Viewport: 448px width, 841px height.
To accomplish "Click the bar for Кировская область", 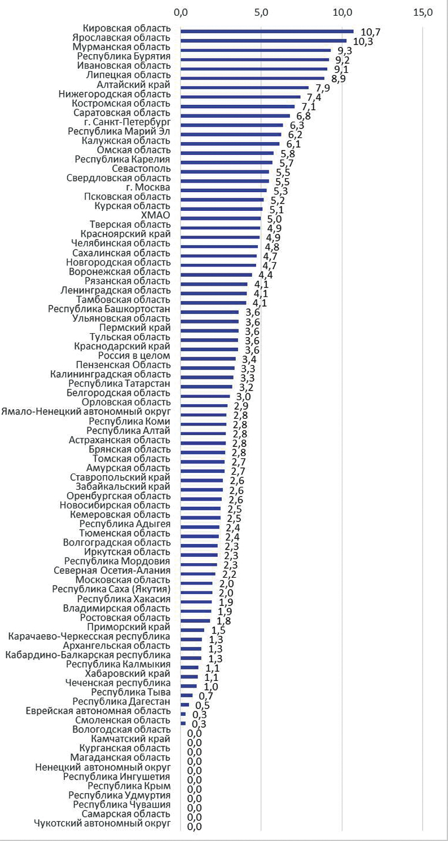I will coord(267,32).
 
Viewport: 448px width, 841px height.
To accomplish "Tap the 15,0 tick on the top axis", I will coord(423,12).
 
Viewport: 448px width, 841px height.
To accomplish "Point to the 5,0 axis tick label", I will coord(261,12).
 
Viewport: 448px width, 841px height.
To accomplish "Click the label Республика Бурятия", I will coord(123,56).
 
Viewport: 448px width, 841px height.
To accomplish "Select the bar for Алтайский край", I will coord(244,87).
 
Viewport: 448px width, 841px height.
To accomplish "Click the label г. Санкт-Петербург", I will coord(129,122).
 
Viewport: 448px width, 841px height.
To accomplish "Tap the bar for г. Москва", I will coord(223,190).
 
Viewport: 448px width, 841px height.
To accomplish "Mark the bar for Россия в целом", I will coord(208,358).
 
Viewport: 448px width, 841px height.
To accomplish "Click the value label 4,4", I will coord(266,276).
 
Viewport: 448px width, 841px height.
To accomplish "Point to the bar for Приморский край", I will coord(192,630).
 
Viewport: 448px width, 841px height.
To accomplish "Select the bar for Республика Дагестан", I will coord(185,705).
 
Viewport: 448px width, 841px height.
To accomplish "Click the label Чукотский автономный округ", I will coord(102,824).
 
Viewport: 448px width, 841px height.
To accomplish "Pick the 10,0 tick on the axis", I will coord(342,12).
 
